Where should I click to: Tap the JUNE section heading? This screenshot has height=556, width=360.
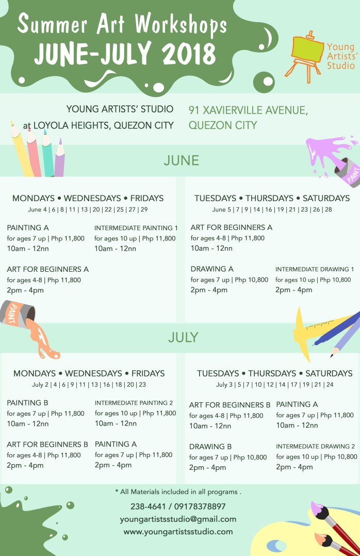(181, 160)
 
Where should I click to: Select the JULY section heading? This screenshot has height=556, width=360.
(183, 337)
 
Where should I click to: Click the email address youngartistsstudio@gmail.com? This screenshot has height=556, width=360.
(178, 519)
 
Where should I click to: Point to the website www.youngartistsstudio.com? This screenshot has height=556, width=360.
(178, 531)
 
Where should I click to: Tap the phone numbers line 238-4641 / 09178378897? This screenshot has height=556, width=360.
(178, 506)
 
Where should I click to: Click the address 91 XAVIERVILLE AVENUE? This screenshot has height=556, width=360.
(248, 110)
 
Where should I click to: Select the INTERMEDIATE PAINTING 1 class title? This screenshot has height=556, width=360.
(136, 227)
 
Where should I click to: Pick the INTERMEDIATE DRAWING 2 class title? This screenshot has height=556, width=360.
(315, 446)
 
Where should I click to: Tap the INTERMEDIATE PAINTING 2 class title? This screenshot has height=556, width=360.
(134, 402)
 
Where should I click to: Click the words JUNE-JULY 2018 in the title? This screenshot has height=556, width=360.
(125, 53)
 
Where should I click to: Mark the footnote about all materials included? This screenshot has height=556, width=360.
(178, 492)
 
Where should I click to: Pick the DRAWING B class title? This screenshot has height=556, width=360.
(210, 446)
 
